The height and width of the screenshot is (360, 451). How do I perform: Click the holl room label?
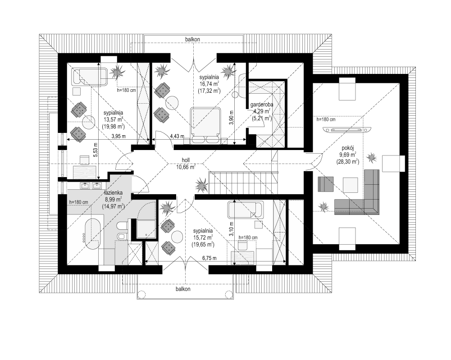186,160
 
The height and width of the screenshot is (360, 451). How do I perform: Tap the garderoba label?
261,105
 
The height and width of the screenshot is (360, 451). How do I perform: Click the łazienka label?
114,193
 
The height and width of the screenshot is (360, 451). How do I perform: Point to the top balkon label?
192,39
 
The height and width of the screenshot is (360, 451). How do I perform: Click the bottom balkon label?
183,289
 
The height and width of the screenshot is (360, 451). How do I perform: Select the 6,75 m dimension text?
210,258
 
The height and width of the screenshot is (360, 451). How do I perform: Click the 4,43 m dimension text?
177,136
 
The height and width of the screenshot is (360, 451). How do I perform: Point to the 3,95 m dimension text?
118,137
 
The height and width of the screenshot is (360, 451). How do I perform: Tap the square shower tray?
147,229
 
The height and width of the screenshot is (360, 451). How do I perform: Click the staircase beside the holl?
244,182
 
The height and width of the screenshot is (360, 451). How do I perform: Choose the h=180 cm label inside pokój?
326,119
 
